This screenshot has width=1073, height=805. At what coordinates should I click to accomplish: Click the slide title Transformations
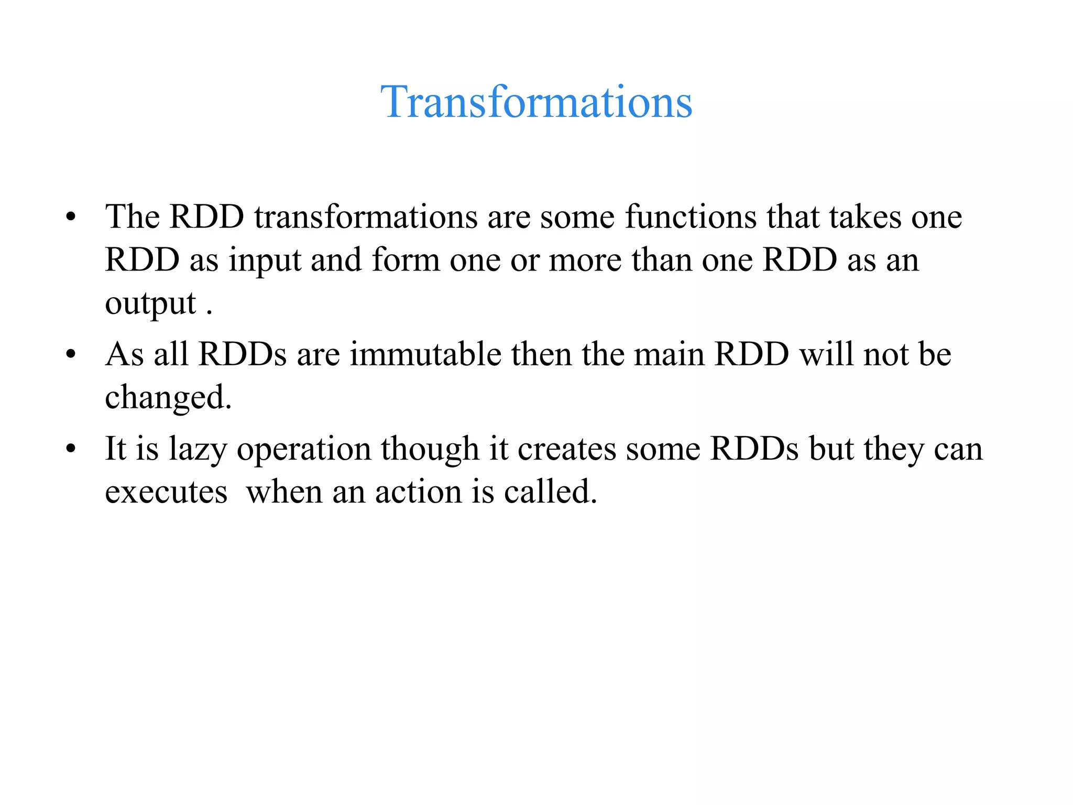point(536,102)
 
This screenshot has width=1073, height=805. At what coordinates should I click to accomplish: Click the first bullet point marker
point(71,217)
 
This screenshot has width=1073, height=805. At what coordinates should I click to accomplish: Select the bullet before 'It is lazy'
point(71,449)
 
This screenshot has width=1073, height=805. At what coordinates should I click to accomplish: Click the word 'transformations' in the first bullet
point(366,217)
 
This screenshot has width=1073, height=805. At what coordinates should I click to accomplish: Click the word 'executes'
point(166,493)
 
